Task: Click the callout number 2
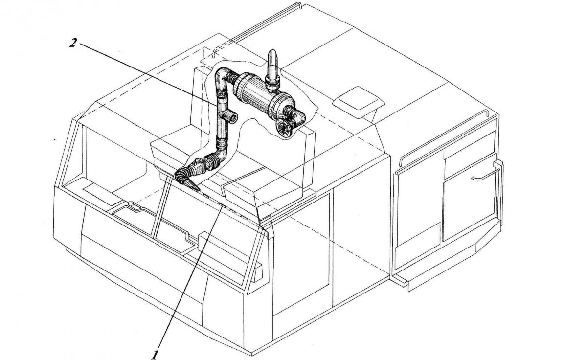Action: tap(73, 43)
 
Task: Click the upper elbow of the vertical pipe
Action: tap(223, 79)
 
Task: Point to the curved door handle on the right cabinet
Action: tap(484, 176)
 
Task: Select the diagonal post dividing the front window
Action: tap(160, 207)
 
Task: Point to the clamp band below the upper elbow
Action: tap(222, 93)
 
